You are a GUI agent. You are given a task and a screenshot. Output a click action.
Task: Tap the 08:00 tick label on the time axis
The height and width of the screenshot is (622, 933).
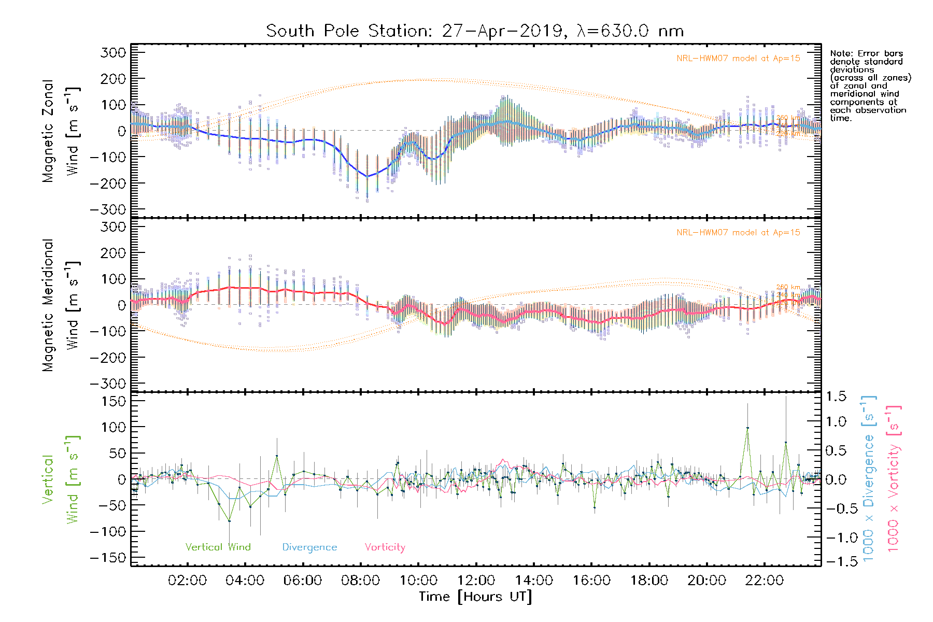(x=360, y=581)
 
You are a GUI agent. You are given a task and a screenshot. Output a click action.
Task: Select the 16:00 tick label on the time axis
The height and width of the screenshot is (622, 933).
(x=591, y=581)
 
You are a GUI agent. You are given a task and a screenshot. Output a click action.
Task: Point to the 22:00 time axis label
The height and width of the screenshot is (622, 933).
(x=765, y=581)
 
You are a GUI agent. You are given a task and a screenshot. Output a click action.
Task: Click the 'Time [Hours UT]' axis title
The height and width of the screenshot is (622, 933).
(x=475, y=597)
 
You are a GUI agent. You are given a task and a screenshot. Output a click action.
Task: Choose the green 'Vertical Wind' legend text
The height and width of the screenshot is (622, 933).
(x=218, y=547)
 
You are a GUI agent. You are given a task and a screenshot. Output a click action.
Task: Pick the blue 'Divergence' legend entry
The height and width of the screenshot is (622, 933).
(x=309, y=547)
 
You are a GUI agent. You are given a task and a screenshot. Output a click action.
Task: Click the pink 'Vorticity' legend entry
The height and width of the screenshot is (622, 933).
(x=385, y=547)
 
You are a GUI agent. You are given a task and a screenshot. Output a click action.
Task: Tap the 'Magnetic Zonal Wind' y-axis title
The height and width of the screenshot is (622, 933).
(x=61, y=131)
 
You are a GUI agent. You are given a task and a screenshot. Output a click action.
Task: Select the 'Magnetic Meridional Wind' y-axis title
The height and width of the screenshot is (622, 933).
(x=61, y=305)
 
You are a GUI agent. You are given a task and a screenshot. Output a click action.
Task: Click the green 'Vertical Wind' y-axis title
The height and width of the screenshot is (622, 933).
(x=61, y=479)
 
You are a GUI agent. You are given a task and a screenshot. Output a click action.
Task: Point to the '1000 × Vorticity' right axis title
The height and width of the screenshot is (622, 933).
(x=894, y=479)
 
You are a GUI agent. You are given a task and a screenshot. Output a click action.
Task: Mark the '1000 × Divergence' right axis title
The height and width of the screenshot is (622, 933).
(x=869, y=479)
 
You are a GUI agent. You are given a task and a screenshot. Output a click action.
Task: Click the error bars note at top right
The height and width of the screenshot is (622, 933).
(x=870, y=86)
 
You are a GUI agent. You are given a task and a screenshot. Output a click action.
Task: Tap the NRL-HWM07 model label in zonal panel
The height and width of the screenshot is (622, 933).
(x=738, y=59)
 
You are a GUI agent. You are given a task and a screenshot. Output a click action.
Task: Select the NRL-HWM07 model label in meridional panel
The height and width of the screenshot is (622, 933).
(x=738, y=233)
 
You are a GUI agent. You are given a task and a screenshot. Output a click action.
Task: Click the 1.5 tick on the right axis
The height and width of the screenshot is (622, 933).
(x=836, y=397)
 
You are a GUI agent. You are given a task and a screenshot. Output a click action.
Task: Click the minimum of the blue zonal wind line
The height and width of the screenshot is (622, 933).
(x=367, y=176)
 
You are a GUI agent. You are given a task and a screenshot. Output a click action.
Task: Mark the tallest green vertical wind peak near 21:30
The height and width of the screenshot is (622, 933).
(x=747, y=428)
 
